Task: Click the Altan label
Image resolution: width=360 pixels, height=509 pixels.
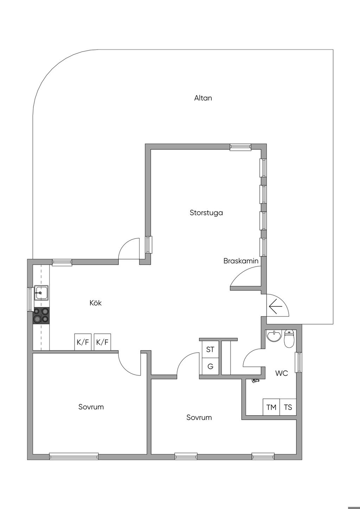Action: (203, 98)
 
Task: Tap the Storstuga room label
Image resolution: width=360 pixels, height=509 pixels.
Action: (206, 213)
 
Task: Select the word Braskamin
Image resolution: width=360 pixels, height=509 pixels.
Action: (241, 261)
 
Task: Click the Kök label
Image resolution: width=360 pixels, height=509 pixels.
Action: (96, 303)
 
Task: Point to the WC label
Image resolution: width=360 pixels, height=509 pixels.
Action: (281, 373)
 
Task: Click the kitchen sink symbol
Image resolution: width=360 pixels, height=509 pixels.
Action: (41, 292)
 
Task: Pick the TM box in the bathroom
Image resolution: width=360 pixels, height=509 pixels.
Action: (271, 407)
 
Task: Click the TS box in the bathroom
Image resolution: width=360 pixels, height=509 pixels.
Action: (288, 407)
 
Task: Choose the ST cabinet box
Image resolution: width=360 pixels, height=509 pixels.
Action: (210, 350)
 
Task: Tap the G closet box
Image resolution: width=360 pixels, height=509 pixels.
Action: (210, 366)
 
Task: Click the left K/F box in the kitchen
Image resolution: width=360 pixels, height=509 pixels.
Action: (83, 342)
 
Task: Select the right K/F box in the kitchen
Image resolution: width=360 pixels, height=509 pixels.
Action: (102, 342)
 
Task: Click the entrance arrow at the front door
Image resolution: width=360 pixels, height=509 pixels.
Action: (276, 307)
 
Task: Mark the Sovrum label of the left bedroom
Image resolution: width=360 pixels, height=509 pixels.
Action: (91, 407)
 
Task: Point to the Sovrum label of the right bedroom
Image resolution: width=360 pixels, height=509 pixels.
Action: (199, 417)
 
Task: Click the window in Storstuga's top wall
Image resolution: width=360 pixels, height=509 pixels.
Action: (240, 147)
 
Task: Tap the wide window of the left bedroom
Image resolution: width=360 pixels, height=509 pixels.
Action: (74, 456)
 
